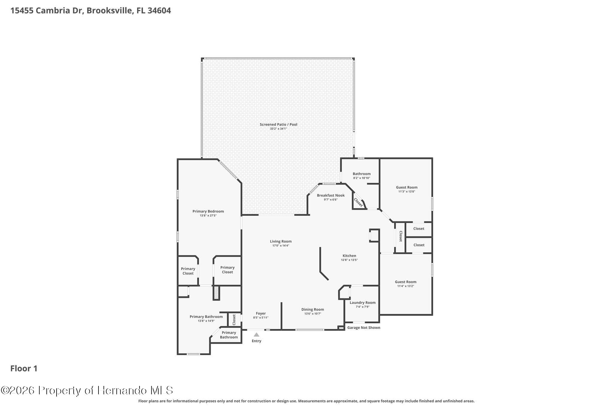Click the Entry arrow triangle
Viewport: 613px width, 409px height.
[x=257, y=335]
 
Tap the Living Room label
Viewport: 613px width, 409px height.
[x=280, y=241]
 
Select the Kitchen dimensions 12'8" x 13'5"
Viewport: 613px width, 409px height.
[x=349, y=260]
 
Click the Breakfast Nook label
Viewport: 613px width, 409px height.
[x=331, y=195]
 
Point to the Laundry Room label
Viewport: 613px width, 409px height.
[x=362, y=303]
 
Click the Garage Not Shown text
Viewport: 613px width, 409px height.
[x=364, y=327]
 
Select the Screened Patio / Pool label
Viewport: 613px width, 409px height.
[x=278, y=124]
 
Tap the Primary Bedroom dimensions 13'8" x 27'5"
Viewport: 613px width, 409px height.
[x=208, y=215]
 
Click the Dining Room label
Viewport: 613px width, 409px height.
[x=312, y=310]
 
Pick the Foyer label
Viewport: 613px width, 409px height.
[x=261, y=313]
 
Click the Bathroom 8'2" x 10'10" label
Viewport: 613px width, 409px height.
[x=362, y=174]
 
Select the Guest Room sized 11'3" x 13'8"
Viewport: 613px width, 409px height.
[x=406, y=187]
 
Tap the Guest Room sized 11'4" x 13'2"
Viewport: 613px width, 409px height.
[x=406, y=282]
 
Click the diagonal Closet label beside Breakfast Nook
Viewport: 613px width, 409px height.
[x=358, y=203]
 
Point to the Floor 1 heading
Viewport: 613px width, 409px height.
[x=24, y=369]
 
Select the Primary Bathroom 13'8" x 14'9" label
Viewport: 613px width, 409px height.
[x=206, y=317]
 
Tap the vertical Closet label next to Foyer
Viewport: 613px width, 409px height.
[x=234, y=320]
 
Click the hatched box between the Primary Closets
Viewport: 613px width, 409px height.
[x=216, y=293]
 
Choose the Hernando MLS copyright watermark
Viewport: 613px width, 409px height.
[x=87, y=390]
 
